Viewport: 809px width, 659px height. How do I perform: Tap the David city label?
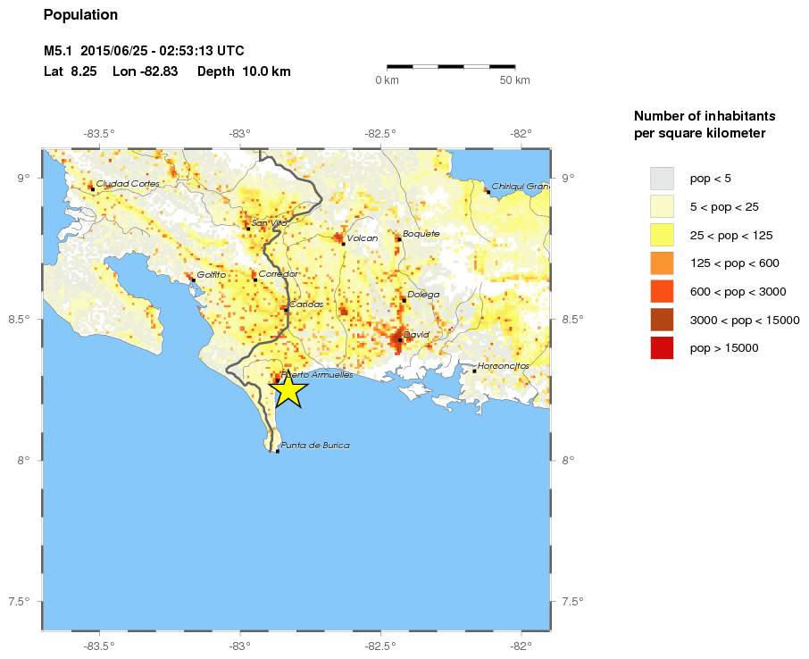[x=416, y=335]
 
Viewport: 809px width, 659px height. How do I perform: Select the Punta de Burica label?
[x=314, y=445]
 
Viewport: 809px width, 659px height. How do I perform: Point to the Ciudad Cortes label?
[x=128, y=183]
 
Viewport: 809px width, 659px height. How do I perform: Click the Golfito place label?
[x=212, y=274]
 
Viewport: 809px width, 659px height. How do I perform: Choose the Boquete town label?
[x=421, y=234]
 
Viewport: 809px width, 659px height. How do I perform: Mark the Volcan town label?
[x=363, y=238]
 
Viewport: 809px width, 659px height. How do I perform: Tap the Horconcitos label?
[x=504, y=366]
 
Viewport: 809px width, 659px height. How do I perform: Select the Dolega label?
[x=423, y=294]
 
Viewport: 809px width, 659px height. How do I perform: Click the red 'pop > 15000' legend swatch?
[x=662, y=347]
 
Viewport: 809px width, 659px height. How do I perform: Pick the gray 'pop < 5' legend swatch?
[x=662, y=178]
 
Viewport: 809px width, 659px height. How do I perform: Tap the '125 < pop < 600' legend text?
[x=735, y=263]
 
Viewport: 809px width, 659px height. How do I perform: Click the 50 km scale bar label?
[x=515, y=80]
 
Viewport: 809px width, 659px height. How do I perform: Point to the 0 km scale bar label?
[x=387, y=80]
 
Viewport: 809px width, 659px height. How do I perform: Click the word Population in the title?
[x=80, y=15]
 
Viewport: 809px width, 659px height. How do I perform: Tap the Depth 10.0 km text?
[x=244, y=71]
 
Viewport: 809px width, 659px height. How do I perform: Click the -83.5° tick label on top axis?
[x=99, y=133]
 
